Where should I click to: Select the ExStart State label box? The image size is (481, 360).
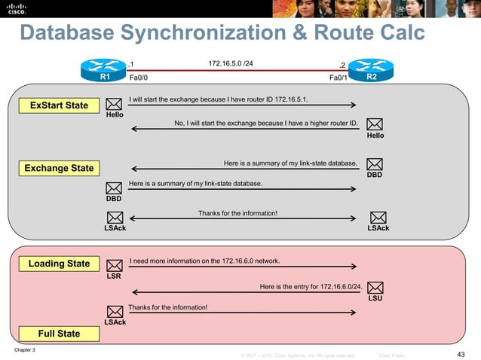click(59, 105)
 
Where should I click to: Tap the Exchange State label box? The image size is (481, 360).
click(59, 168)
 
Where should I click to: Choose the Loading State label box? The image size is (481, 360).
click(59, 264)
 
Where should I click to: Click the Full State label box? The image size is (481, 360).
click(59, 333)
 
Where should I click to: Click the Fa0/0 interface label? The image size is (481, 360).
click(139, 77)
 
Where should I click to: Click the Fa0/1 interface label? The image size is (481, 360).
click(339, 77)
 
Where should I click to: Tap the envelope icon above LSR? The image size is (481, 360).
click(115, 265)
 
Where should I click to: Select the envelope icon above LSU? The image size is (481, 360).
click(375, 288)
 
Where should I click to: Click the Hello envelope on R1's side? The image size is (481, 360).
click(115, 105)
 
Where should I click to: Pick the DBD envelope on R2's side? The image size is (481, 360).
click(375, 163)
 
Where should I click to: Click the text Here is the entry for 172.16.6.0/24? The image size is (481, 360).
click(310, 286)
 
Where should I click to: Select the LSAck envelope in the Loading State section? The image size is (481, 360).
click(115, 312)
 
